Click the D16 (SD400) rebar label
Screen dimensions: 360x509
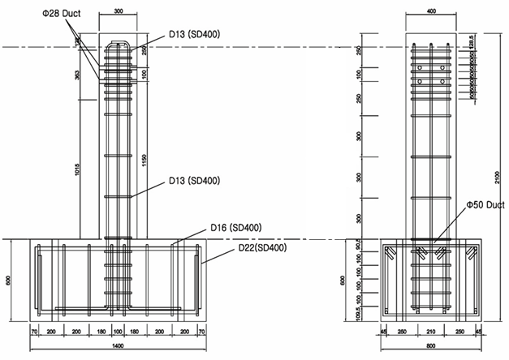point(235,228)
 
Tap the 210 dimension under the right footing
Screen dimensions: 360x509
point(430,332)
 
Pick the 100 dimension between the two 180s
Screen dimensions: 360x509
point(119,332)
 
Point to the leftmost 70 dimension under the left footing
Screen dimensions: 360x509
point(36,332)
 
